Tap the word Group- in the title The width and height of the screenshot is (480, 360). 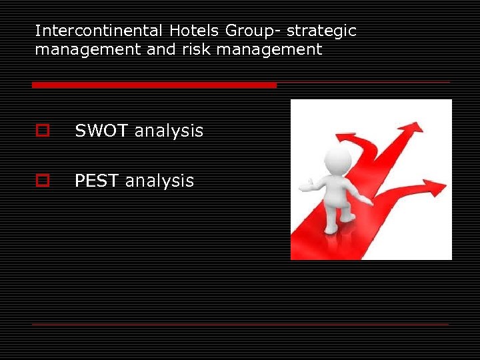point(253,31)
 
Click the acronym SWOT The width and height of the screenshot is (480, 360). point(102,131)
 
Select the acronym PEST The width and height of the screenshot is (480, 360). point(97,181)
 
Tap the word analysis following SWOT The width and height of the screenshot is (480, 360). point(169,131)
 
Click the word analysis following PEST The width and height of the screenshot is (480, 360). point(159,181)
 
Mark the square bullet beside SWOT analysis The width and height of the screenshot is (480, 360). point(43,131)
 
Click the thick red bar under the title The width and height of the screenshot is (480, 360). point(154,85)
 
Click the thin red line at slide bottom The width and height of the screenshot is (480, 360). point(240,324)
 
